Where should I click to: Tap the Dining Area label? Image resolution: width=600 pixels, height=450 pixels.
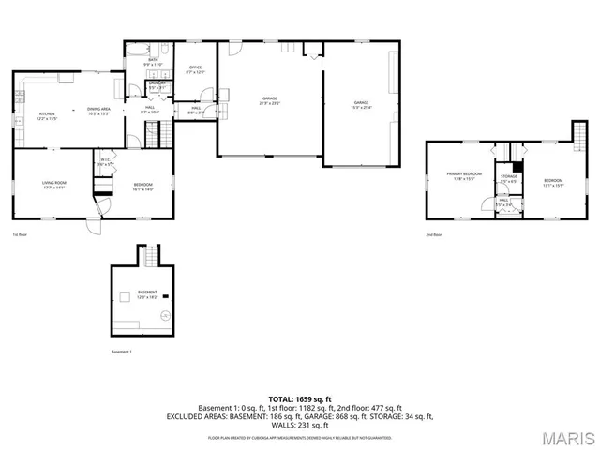point(99,111)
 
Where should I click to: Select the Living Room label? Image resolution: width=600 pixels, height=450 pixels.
point(53,184)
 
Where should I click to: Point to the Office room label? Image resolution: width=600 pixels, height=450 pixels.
point(196,69)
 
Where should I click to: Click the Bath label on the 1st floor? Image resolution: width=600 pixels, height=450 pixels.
point(154,62)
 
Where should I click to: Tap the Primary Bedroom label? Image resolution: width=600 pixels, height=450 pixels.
point(464,175)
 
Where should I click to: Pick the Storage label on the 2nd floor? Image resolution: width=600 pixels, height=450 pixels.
point(508,178)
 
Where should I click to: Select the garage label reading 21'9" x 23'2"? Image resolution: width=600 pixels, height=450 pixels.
point(270,99)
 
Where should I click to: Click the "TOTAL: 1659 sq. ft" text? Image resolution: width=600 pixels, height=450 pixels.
point(300,399)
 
